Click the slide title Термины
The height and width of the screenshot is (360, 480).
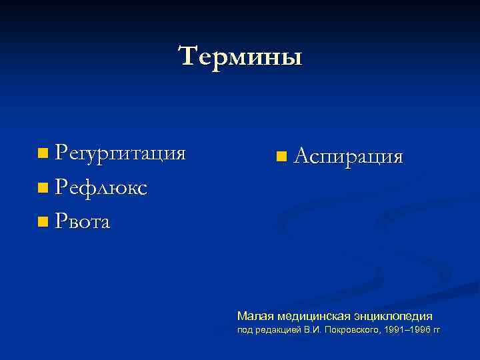point(240,56)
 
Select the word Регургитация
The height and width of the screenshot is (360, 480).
point(120,154)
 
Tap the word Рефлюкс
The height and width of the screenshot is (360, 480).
point(101,188)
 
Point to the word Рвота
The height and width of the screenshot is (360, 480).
point(83,221)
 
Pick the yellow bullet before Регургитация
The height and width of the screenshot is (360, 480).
point(43,155)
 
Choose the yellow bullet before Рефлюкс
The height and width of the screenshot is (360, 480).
point(43,189)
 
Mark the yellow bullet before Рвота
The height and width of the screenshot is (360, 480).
point(43,222)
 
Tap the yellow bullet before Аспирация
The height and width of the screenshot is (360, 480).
point(281,157)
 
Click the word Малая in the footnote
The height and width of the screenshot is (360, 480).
point(254,315)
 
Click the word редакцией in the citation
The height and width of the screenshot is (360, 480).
point(278,331)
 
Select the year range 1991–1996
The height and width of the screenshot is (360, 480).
point(406,331)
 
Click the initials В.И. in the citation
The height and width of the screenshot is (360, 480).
point(311,331)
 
